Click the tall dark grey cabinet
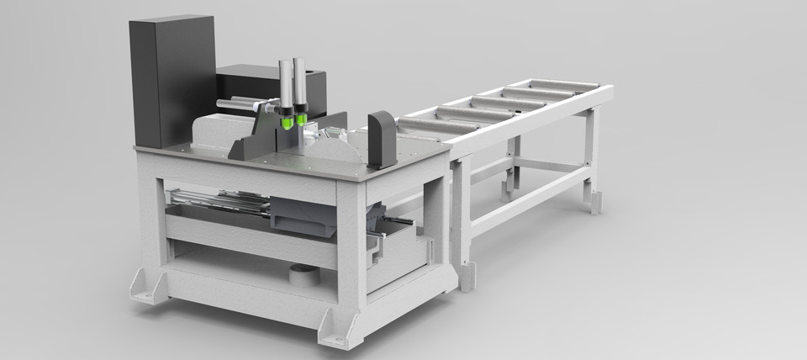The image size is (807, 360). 171,80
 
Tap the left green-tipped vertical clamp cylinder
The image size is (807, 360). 287,88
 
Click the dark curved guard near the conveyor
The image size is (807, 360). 382,139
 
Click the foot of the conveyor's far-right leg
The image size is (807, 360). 595,202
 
